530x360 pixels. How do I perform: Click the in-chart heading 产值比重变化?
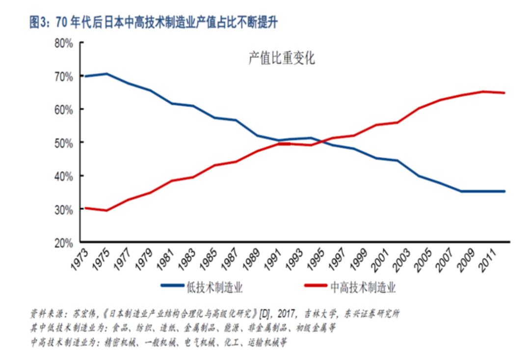click(281, 59)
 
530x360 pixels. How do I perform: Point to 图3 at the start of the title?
click(38, 22)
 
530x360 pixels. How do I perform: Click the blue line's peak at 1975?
click(106, 74)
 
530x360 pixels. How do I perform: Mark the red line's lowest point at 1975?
click(106, 211)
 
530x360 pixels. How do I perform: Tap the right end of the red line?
click(504, 93)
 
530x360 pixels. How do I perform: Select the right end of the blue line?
click(504, 191)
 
